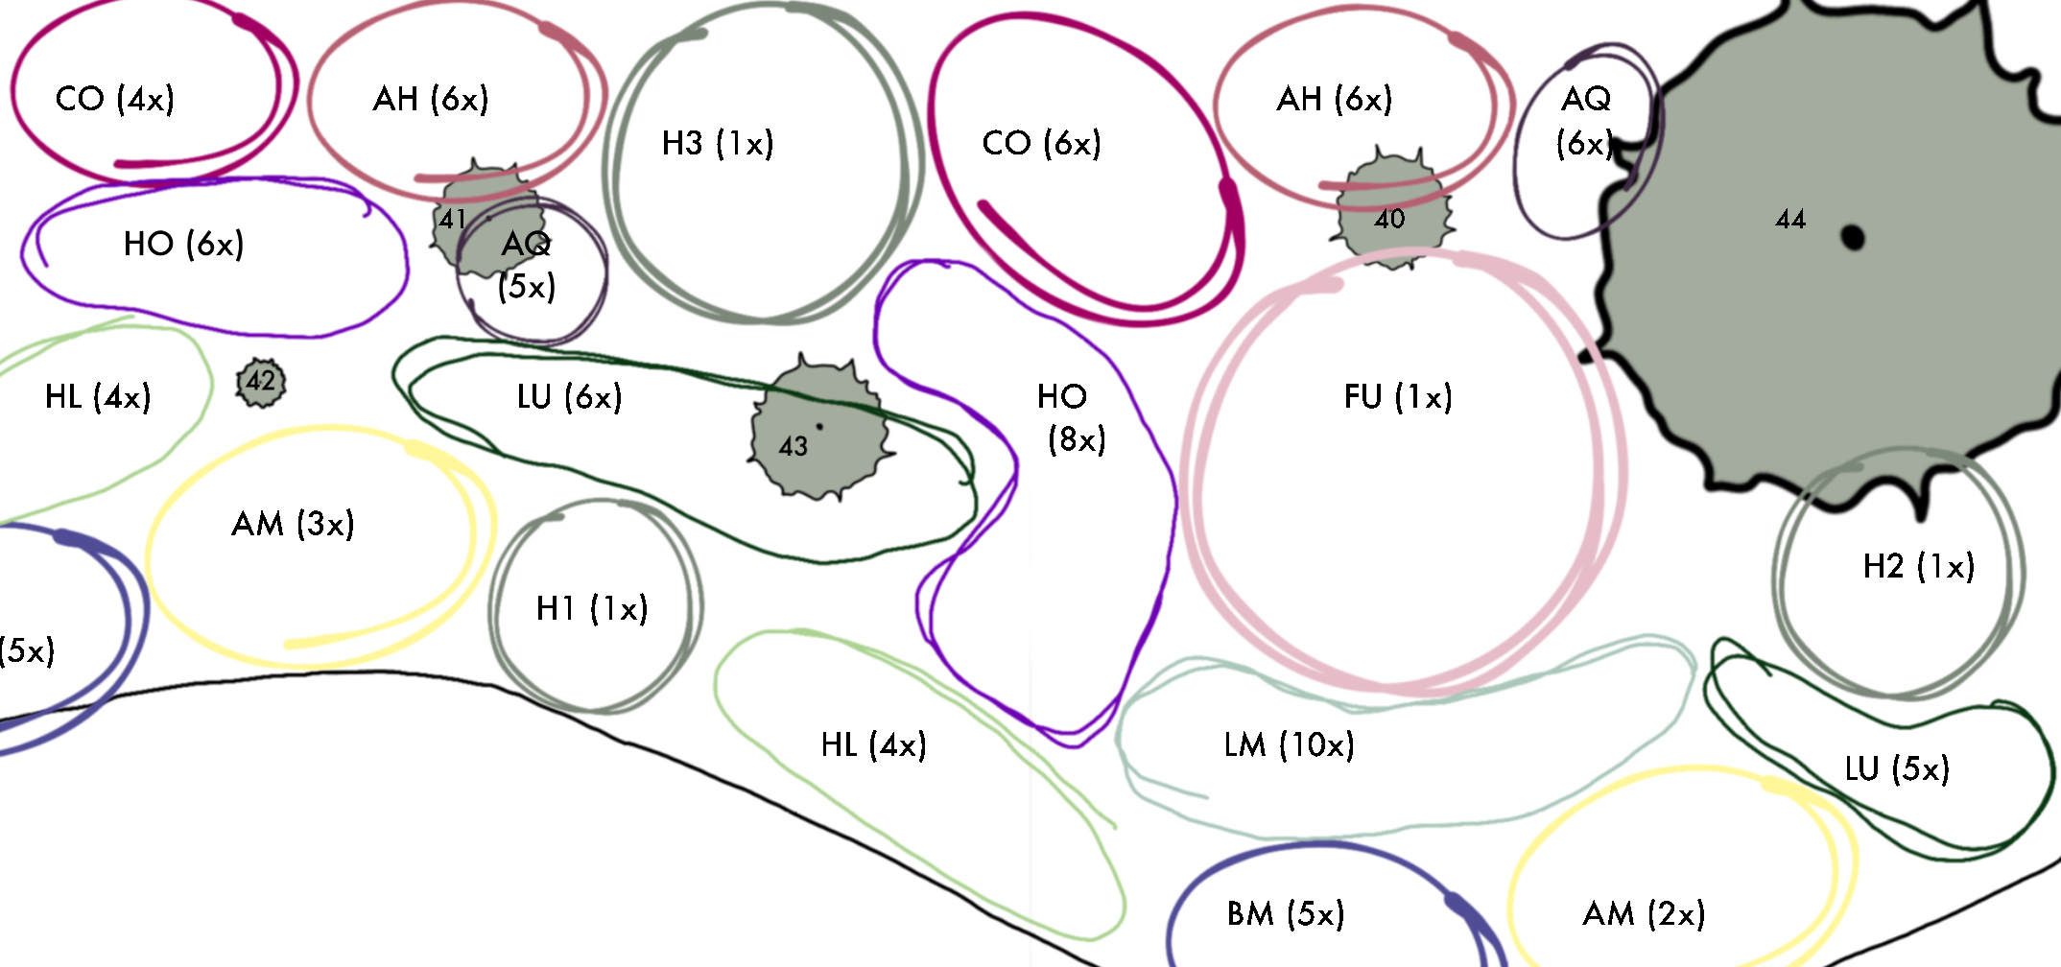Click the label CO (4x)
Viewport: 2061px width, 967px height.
pos(115,99)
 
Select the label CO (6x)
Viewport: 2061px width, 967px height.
pos(1041,144)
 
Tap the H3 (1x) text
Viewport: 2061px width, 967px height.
pos(717,144)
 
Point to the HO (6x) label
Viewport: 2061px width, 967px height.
pos(183,245)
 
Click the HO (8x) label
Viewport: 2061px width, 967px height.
pos(1073,418)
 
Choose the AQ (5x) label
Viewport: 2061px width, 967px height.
pos(526,265)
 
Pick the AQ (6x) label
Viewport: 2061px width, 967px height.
pos(1585,121)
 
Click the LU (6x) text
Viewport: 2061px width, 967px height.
pos(569,397)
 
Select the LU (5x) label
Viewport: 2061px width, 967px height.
pos(1897,769)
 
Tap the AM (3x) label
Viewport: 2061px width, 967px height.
pos(293,525)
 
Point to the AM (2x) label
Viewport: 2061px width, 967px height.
pos(1644,914)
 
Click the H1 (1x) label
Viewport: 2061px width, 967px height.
pos(592,609)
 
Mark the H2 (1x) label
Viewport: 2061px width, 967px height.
pos(1919,567)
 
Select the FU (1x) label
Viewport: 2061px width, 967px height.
pos(1398,397)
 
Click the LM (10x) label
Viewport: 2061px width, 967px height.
pos(1289,745)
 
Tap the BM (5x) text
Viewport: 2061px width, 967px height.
pos(1286,914)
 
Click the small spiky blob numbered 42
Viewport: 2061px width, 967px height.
pos(261,383)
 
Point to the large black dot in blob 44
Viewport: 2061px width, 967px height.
pos(1853,237)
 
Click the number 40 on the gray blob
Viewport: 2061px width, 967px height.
pos(1389,220)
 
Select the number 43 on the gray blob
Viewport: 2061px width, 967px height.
pos(793,447)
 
